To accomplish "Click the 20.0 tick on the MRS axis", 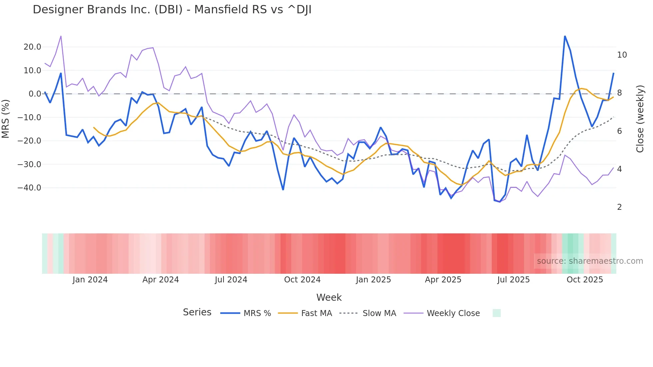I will tap(32, 47).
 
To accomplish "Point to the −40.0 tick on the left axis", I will tap(30, 188).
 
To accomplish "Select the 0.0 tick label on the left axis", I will tap(35, 94).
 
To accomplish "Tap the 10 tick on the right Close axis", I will tap(622, 55).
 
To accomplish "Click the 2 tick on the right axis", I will tap(619, 207).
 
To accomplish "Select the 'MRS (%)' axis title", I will tap(6, 119).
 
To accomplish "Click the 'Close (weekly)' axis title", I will tap(640, 119).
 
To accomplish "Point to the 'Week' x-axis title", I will tap(329, 297).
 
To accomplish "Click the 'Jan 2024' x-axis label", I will tap(90, 280).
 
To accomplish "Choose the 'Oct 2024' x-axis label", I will tap(302, 280).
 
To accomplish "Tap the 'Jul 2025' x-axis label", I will tap(513, 280).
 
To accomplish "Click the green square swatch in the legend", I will tap(496, 313).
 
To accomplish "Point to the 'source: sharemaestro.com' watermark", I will tap(590, 261).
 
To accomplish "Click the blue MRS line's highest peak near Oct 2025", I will tap(565, 36).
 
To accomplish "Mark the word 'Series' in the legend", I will tap(197, 312).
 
